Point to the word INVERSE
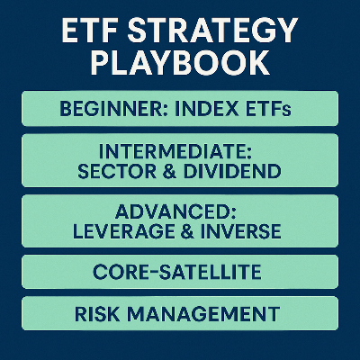[243, 231]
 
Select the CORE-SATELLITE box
[180, 272]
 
